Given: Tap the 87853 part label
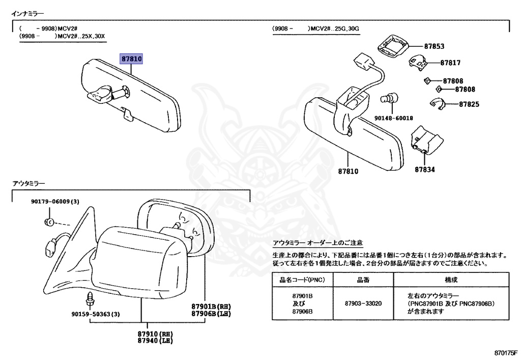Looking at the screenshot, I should (x=434, y=46).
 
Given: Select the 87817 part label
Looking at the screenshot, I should (x=450, y=63).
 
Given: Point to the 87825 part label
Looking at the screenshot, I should (x=469, y=104).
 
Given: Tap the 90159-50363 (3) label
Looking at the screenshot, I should (x=96, y=314).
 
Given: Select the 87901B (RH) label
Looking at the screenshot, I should (x=211, y=307).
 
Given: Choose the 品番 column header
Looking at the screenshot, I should (x=363, y=280).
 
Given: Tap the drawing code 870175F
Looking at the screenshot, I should (x=505, y=353).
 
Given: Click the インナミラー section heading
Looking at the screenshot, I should (x=28, y=13).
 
